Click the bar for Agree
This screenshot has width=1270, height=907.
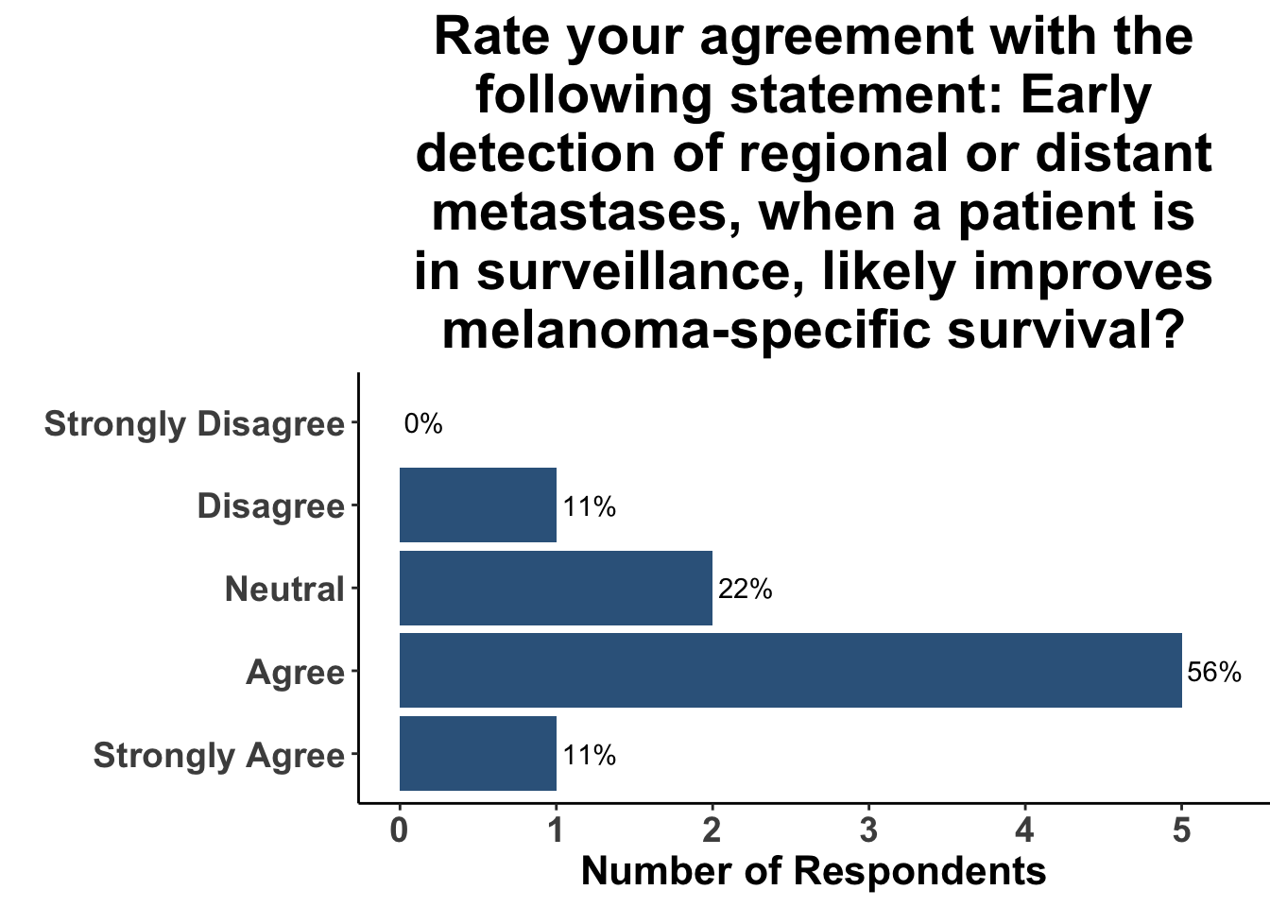[x=791, y=671]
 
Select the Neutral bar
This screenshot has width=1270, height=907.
[x=556, y=588]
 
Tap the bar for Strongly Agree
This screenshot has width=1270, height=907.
[x=478, y=753]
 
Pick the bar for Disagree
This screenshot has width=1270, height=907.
[x=478, y=505]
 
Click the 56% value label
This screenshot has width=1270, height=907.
[x=1214, y=673]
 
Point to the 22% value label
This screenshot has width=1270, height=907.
[x=745, y=590]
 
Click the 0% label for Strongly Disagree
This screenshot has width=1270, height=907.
[x=423, y=424]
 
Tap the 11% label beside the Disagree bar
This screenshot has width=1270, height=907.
[x=589, y=506]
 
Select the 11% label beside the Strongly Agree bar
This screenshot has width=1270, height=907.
[x=589, y=756]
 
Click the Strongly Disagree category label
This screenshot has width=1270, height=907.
[x=195, y=424]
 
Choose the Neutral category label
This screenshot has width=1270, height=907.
[x=284, y=589]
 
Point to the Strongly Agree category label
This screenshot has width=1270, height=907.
[x=219, y=756]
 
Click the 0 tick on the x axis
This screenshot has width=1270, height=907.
[x=399, y=830]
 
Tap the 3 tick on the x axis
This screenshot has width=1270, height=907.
[x=868, y=830]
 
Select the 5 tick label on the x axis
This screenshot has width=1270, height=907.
[x=1181, y=830]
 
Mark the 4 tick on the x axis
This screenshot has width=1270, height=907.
[x=1025, y=830]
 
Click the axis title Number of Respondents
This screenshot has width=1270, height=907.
[x=814, y=871]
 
